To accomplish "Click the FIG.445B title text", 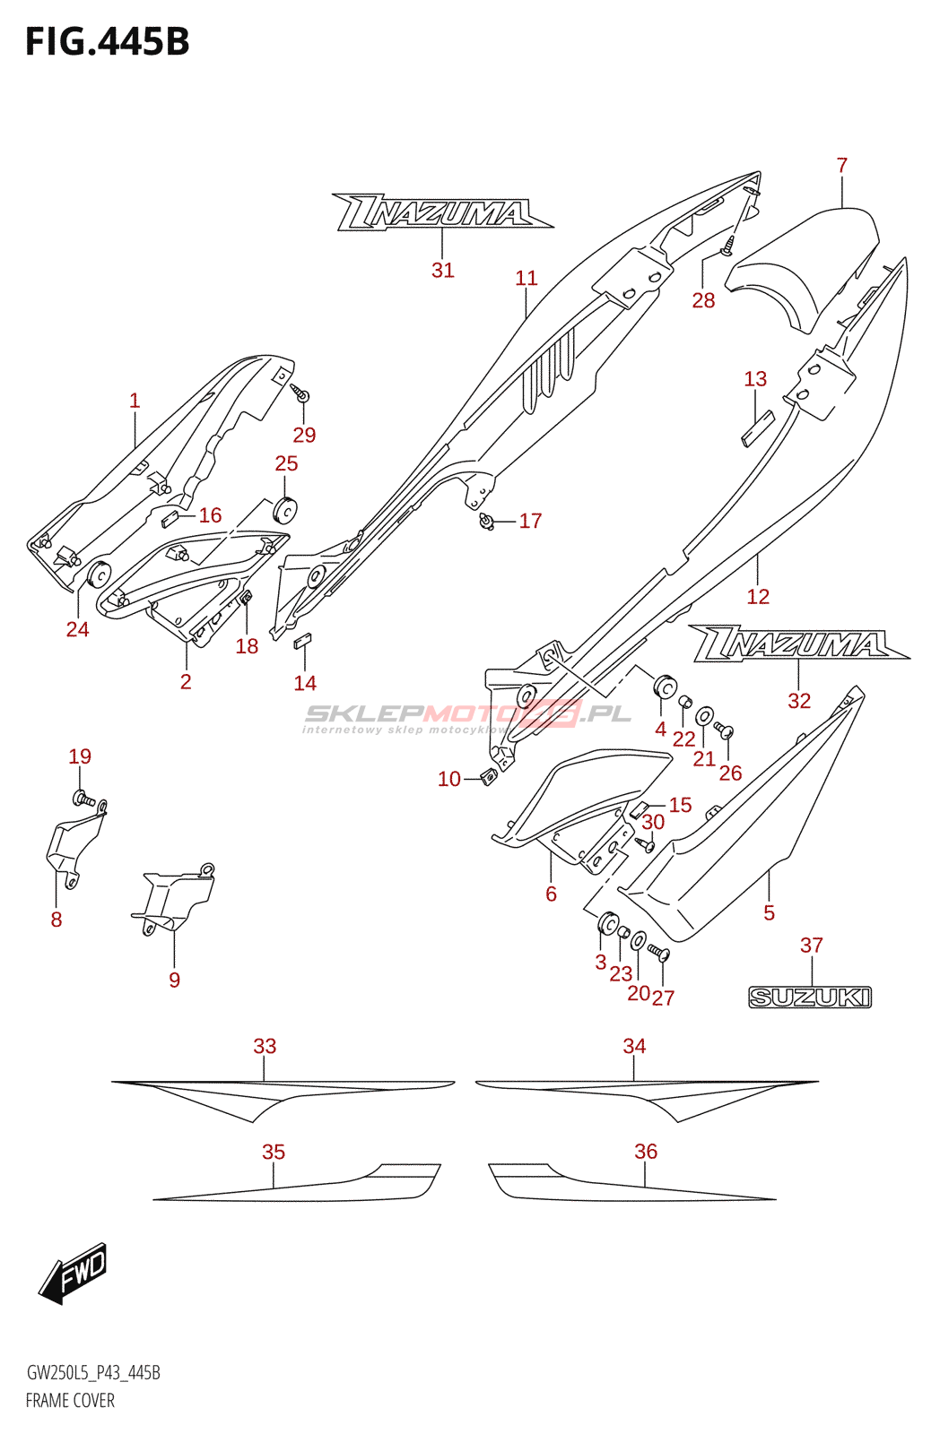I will point(108,42).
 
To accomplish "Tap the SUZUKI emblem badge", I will point(810,997).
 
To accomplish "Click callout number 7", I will point(841,166).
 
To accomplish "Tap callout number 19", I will point(80,756).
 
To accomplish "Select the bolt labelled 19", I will point(81,797).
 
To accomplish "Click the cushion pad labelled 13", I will point(756,428).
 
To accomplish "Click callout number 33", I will point(265,1046).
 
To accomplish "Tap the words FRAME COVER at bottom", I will point(70,1400).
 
